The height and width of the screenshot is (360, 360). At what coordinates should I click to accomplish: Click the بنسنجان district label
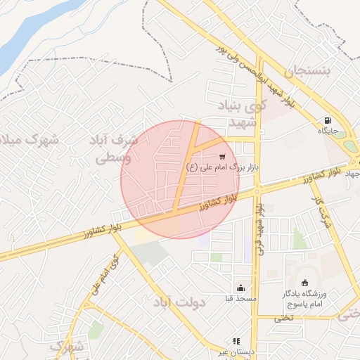307,71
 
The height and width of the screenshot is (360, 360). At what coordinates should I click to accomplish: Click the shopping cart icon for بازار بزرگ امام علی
222,157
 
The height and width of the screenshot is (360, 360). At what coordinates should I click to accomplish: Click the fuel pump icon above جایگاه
328,120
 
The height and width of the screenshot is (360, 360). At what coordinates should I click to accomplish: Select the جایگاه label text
328,131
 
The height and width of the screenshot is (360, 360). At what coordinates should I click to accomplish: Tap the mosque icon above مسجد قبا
240,288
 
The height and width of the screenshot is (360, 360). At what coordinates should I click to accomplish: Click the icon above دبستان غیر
236,341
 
